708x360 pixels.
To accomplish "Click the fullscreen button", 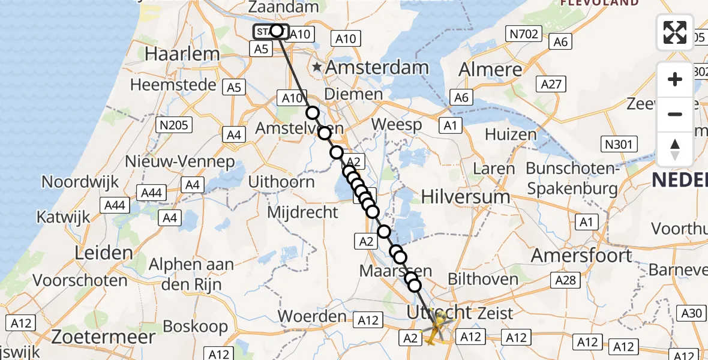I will [675, 32].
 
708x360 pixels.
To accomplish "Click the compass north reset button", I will [675, 149].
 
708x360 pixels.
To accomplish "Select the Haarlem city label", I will [182, 54].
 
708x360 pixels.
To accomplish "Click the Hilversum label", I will [466, 196].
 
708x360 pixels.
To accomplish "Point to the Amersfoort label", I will [581, 256].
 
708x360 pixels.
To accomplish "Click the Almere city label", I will [490, 70].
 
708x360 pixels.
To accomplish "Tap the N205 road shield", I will [173, 125].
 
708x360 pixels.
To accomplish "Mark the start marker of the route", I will [271, 31].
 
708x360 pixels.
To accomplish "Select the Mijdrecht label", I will [302, 212].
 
